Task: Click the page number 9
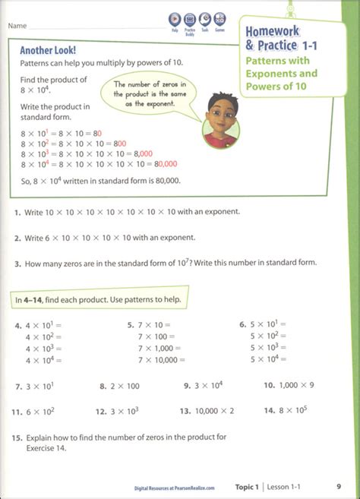click(338, 485)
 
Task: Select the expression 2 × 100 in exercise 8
click(125, 386)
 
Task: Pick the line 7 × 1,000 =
click(158, 347)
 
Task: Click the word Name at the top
click(19, 25)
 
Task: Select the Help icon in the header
click(175, 21)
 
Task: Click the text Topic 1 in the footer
click(250, 485)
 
